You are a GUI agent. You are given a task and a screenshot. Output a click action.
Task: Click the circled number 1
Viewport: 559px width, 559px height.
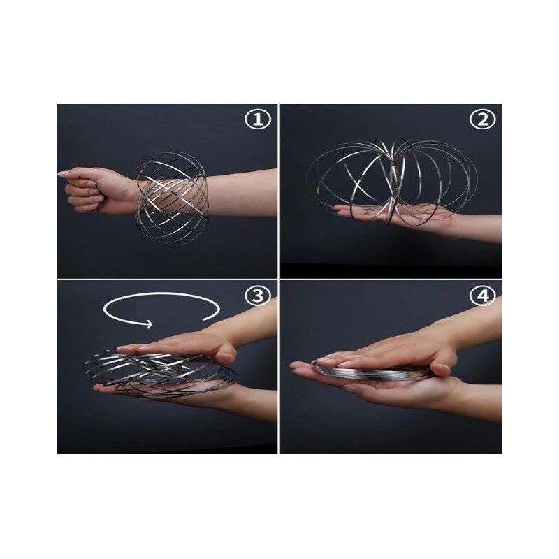pyautogui.click(x=258, y=119)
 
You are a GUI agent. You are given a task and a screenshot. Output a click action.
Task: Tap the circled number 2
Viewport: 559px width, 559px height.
pyautogui.click(x=482, y=119)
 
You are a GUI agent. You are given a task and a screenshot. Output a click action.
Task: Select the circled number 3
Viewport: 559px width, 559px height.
pyautogui.click(x=258, y=296)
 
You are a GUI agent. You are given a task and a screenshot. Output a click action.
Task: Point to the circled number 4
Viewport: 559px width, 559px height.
pyautogui.click(x=482, y=296)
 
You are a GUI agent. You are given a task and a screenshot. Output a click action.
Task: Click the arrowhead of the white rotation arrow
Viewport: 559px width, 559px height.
pyautogui.click(x=149, y=324)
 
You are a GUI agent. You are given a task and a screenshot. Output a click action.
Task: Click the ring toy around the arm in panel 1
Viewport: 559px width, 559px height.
pyautogui.click(x=171, y=198)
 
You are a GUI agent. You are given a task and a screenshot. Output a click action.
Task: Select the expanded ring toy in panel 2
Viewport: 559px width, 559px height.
pyautogui.click(x=392, y=182)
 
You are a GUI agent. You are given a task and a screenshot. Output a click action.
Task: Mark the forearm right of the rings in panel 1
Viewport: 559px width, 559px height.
pyautogui.click(x=242, y=193)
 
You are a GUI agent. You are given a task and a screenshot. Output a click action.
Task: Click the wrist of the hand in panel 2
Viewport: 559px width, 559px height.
pyautogui.click(x=460, y=223)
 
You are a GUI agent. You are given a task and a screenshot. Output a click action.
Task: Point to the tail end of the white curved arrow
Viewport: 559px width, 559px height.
pyautogui.click(x=204, y=319)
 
